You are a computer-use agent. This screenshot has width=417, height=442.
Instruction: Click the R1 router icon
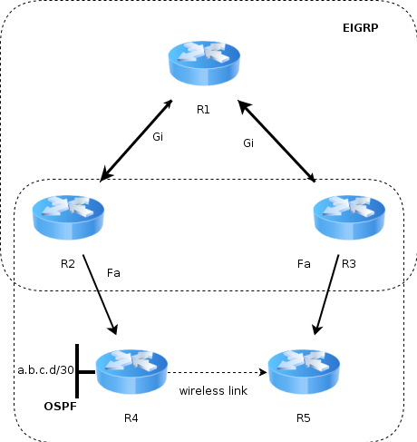click(x=204, y=64)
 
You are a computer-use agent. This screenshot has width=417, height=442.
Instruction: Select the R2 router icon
click(x=68, y=218)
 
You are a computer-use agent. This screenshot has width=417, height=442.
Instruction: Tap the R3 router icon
click(x=349, y=218)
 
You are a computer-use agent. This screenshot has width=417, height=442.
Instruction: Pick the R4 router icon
click(x=131, y=372)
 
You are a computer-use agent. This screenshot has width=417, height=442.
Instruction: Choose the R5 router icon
click(x=304, y=372)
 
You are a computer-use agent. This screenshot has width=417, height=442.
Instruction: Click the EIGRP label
click(x=360, y=28)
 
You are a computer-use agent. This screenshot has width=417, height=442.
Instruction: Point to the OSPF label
click(x=61, y=407)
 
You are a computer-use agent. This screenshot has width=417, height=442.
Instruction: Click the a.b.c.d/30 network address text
click(x=46, y=369)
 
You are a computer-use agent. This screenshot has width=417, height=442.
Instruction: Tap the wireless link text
click(x=213, y=390)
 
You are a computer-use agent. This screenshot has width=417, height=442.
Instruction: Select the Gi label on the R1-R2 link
click(x=158, y=137)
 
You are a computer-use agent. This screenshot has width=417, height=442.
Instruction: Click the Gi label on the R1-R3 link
click(x=248, y=142)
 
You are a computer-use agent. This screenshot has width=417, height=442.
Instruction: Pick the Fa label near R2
click(x=113, y=273)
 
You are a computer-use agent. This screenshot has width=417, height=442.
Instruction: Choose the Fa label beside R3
click(x=304, y=264)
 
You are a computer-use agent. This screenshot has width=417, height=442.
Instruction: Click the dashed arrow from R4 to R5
click(x=217, y=372)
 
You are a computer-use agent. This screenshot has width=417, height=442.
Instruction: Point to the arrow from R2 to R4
click(x=100, y=295)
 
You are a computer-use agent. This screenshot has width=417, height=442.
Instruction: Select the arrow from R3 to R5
click(x=326, y=295)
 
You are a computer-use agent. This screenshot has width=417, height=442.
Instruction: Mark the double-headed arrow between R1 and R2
click(x=136, y=141)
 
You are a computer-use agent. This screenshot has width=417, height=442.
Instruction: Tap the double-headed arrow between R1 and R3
click(x=276, y=141)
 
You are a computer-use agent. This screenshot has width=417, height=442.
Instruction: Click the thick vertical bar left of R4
click(x=77, y=371)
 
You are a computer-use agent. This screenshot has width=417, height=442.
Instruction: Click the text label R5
click(x=304, y=418)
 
